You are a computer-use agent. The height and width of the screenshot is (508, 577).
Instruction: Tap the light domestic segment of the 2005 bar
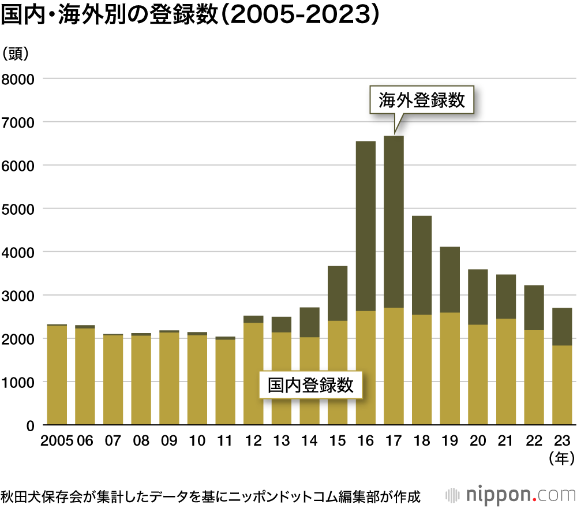[57, 375]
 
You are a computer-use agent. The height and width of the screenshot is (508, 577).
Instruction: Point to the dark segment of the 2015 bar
[338, 293]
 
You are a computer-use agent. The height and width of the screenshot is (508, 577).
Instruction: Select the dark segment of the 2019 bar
[449, 279]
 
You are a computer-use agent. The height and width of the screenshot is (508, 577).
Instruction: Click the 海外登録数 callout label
[422, 100]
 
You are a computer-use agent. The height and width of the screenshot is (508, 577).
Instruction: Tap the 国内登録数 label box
[310, 384]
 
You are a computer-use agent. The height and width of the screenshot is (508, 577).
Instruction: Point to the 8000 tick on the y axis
[19, 79]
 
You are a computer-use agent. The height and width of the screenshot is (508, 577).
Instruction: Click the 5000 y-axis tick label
[19, 208]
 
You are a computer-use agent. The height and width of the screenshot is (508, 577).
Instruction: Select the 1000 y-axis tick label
[19, 382]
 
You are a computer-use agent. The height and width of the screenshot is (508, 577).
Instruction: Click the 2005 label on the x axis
[57, 440]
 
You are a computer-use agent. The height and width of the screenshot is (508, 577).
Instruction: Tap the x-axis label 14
[309, 440]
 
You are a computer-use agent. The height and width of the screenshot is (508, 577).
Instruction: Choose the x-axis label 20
[478, 440]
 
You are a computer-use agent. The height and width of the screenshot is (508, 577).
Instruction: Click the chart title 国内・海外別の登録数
[190, 16]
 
